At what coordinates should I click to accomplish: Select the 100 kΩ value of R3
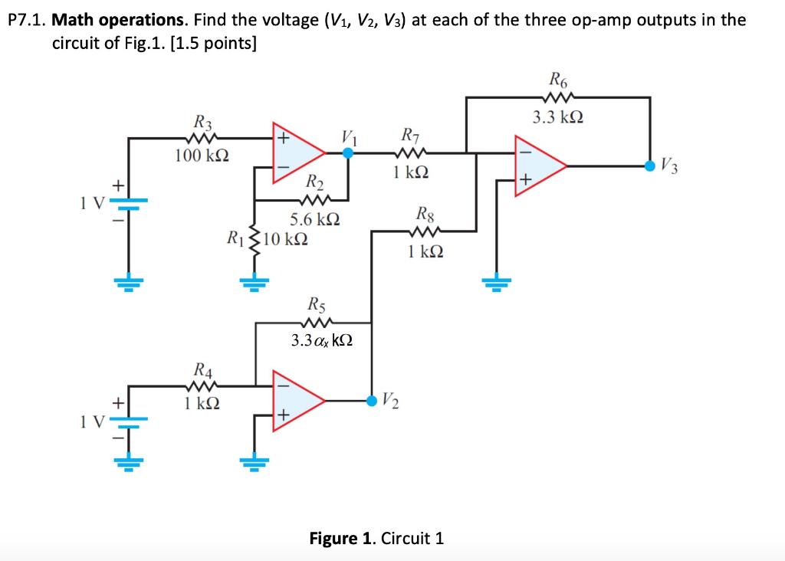click(x=199, y=156)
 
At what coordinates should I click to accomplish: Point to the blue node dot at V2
click(x=372, y=399)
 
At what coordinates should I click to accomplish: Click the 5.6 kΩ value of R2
click(x=315, y=219)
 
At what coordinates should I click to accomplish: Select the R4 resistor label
click(x=203, y=367)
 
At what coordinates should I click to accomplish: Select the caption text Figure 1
click(x=342, y=537)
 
